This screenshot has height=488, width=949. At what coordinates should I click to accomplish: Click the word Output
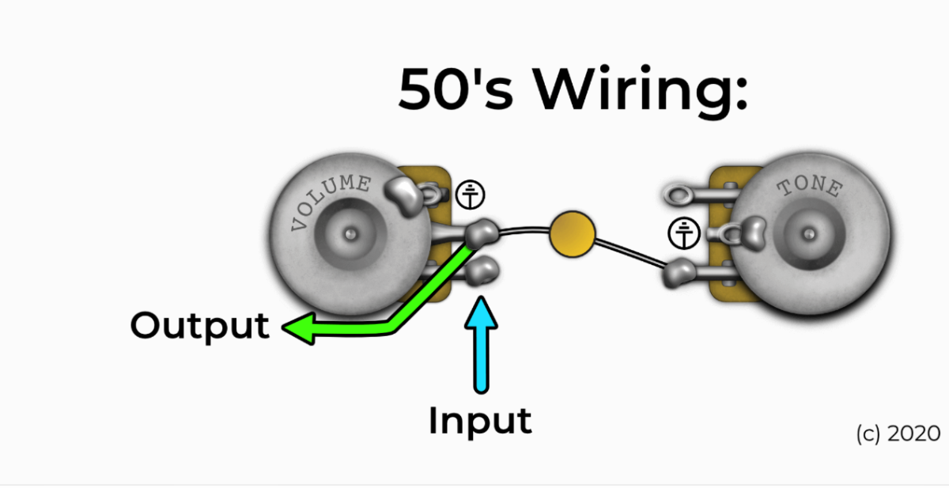(199, 325)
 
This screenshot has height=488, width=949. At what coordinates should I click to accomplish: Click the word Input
(479, 420)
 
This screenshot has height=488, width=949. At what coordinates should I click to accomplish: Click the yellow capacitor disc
(572, 233)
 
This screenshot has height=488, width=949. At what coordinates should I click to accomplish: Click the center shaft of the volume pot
(350, 235)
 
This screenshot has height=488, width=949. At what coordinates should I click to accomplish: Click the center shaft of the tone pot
(808, 234)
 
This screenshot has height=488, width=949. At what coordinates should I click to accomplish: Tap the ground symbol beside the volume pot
(471, 195)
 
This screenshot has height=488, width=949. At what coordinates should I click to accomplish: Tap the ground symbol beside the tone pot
(683, 233)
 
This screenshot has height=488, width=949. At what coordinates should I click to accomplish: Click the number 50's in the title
(455, 89)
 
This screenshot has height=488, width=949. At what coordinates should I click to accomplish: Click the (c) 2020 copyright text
(898, 433)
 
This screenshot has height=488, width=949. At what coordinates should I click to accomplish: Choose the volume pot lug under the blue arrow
(482, 273)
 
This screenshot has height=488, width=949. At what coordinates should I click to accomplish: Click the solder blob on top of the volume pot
(406, 196)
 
